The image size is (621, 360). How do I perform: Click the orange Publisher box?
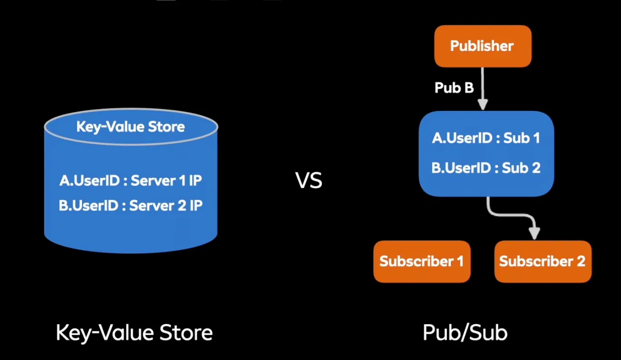click(x=483, y=46)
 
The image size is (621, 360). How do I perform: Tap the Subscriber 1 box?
click(x=422, y=262)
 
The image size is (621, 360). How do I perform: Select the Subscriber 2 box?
click(x=543, y=262)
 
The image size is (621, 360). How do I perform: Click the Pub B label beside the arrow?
click(x=454, y=88)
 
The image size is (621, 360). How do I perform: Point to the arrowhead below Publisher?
click(x=483, y=105)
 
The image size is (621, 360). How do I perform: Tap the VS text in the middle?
click(x=309, y=180)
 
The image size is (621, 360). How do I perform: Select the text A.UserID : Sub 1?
click(x=486, y=138)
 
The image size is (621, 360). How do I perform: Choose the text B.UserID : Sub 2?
click(x=486, y=168)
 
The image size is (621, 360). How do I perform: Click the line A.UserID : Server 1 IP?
click(x=131, y=180)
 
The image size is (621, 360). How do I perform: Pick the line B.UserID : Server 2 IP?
click(x=131, y=205)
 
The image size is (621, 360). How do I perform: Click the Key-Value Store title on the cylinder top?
click(x=131, y=127)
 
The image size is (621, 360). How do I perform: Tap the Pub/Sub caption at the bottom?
click(x=465, y=332)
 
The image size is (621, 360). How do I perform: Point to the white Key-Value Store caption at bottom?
click(x=134, y=333)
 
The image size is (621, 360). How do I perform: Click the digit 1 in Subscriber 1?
click(x=460, y=261)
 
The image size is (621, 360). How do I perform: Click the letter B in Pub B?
click(x=469, y=88)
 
